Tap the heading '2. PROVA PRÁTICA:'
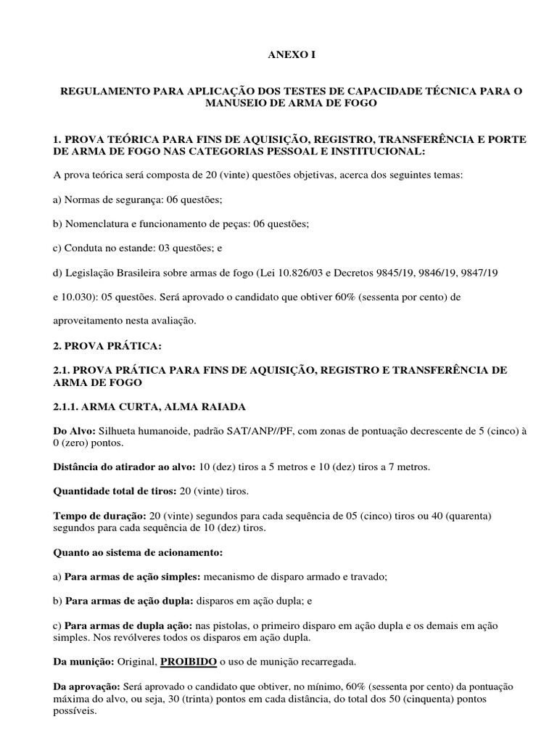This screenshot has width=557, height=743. [99, 345]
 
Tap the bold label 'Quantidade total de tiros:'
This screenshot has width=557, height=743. [114, 491]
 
